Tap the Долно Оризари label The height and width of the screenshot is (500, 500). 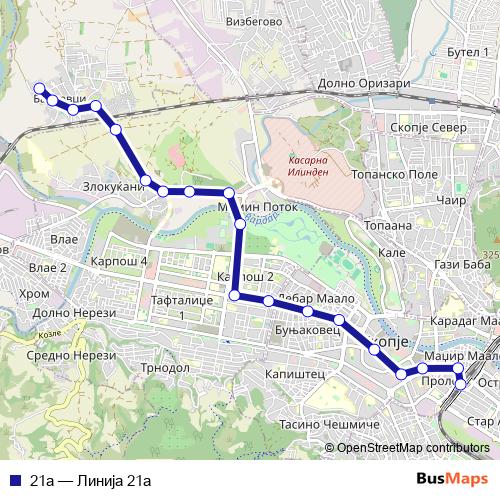pos(362,84)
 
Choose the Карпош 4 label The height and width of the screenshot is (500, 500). pos(119,261)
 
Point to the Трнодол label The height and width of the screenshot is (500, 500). pos(166,367)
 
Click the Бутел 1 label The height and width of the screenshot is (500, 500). pos(466,50)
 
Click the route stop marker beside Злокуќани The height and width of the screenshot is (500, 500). pos(147,181)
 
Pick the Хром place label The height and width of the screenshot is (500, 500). pos(33,293)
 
